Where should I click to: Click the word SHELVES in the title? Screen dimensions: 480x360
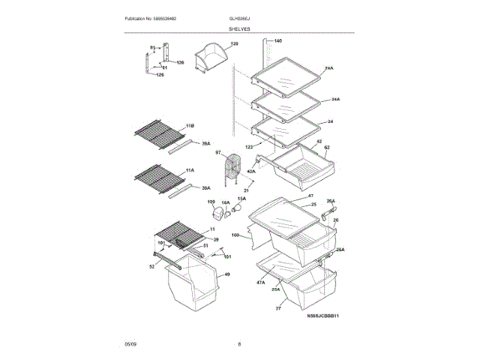pyautogui.click(x=240, y=28)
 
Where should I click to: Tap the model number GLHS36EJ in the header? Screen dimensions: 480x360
pyautogui.click(x=241, y=18)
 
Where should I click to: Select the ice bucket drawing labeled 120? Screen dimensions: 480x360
pyautogui.click(x=210, y=60)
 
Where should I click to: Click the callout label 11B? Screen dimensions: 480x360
pyautogui.click(x=190, y=126)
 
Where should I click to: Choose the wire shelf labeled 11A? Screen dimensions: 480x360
pyautogui.click(x=157, y=178)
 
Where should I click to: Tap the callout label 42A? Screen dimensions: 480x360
pyautogui.click(x=251, y=172)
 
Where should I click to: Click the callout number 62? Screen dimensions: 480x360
pyautogui.click(x=327, y=148)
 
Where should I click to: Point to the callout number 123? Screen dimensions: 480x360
pyautogui.click(x=249, y=147)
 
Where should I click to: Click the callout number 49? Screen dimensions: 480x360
pyautogui.click(x=227, y=274)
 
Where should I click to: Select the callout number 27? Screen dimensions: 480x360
pyautogui.click(x=279, y=308)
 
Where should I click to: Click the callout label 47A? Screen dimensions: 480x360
pyautogui.click(x=260, y=283)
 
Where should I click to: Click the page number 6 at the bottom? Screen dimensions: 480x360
pyautogui.click(x=239, y=344)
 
